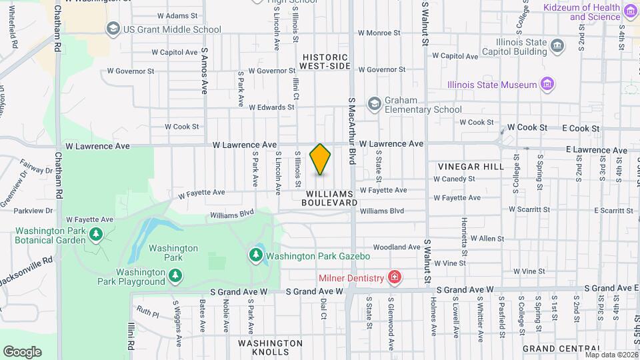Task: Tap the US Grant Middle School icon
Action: tap(113, 29)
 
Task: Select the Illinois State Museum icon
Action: tap(547, 85)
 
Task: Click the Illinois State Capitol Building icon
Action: tap(558, 45)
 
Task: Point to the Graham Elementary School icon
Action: tap(375, 103)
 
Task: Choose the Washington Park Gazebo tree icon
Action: tap(255, 255)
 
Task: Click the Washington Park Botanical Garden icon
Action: tap(96, 234)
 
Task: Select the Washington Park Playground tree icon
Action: tap(175, 275)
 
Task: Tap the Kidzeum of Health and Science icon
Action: tap(630, 10)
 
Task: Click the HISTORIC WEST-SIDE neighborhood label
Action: tap(324, 62)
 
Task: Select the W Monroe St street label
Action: tap(379, 32)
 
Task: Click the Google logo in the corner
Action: tap(22, 351)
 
